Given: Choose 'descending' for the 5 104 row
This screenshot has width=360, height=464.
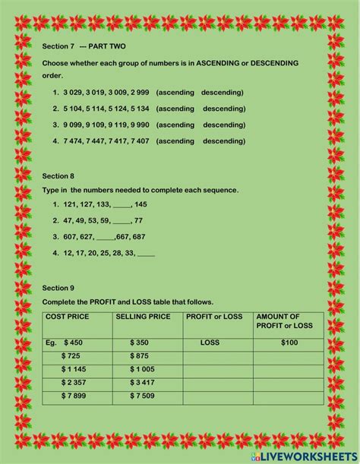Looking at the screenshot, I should [x=224, y=109].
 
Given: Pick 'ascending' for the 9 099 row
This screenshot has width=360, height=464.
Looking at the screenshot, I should [x=175, y=125].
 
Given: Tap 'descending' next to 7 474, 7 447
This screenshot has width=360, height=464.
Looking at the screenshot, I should [x=224, y=140].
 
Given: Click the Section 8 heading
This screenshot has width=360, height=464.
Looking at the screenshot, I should [x=58, y=175].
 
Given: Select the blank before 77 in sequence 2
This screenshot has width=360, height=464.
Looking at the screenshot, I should [x=122, y=221].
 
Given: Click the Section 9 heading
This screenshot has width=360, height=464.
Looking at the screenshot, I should [x=58, y=288].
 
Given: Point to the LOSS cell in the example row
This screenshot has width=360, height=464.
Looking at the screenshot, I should [x=210, y=343].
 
